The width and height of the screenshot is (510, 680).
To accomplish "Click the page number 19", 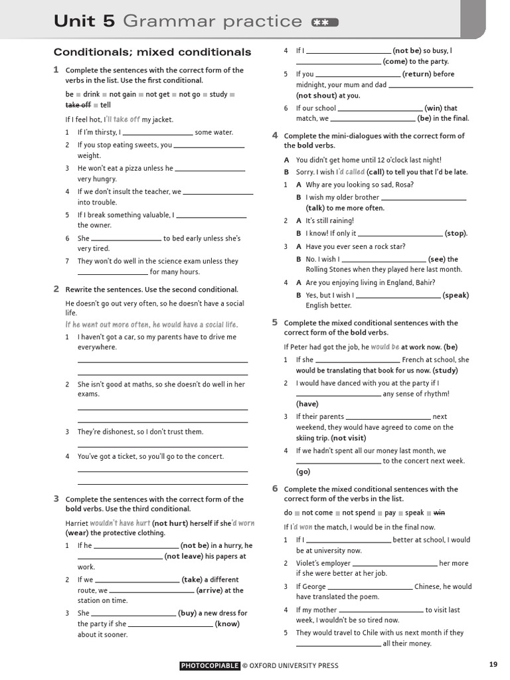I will point(493,665).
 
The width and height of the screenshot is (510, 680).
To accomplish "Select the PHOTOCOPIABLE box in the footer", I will point(209,665).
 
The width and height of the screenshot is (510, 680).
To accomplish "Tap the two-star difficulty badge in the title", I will point(324,23).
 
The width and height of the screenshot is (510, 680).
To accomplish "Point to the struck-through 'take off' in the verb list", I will point(78,105).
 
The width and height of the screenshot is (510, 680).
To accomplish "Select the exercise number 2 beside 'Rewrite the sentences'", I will point(56,289).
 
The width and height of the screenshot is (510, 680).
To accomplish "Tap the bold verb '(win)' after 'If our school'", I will point(434,108).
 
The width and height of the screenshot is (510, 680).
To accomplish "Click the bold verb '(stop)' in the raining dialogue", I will point(456,233).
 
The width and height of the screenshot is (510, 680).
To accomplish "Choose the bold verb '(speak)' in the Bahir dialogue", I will point(456,295).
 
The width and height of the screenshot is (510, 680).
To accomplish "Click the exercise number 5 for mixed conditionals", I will point(274,322).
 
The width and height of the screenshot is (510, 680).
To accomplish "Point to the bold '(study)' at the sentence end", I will point(445,370).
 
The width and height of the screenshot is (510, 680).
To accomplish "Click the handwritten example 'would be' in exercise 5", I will point(385,347).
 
